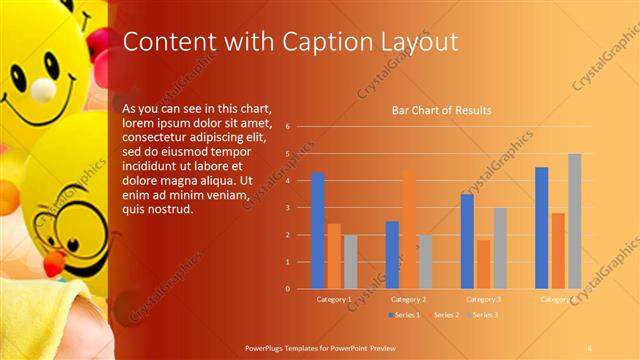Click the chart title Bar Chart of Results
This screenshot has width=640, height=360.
441,110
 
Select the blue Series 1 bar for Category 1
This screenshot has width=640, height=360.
318,230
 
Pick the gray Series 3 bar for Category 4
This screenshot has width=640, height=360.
574,221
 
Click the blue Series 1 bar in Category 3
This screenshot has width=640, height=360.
467,241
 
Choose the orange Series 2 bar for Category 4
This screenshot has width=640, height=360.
558,250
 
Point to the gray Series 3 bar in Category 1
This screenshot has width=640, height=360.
350,261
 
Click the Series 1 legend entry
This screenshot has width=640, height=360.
403,315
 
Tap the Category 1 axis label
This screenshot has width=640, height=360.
333,299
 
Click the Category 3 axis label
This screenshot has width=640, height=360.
483,299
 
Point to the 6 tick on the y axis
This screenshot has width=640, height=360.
287,127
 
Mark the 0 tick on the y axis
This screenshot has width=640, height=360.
287,288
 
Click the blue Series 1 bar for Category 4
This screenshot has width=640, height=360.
542,227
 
